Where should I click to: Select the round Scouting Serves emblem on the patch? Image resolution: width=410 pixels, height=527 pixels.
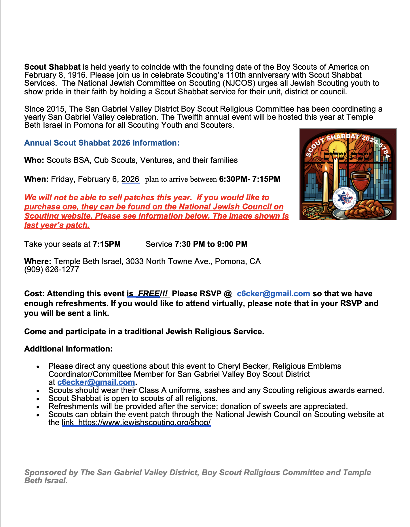coord(344,198)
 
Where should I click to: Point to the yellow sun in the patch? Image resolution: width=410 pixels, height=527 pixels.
coord(335,150)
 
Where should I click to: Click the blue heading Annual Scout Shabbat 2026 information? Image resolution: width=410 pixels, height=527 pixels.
coord(102,143)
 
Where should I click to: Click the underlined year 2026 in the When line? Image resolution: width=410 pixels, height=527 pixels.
coord(130,179)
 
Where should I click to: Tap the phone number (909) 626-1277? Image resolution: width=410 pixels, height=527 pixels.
coord(52,270)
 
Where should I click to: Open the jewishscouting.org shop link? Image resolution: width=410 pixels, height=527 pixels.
coord(145,423)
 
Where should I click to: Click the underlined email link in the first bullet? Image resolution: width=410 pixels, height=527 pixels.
coord(96,382)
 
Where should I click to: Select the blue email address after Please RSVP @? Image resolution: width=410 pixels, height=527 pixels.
coord(273,294)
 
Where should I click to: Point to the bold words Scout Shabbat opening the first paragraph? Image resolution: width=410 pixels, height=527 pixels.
coord(52,67)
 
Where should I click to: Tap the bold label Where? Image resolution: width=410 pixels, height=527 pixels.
coord(38,261)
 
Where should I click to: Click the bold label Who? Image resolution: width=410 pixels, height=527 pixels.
coord(34,160)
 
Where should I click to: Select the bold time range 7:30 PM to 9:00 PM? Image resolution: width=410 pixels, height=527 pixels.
coord(211,244)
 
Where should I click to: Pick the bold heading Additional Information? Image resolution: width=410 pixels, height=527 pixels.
coord(68,349)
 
